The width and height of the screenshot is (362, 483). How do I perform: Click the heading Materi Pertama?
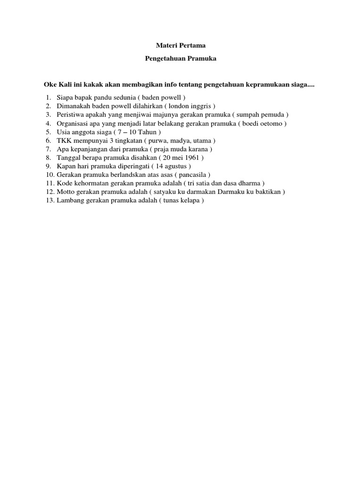coord(181,46)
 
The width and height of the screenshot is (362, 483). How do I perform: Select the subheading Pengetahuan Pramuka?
coord(181,60)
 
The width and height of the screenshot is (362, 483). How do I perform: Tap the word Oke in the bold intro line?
coord(50,85)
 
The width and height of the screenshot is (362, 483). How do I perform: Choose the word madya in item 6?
coord(180,141)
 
